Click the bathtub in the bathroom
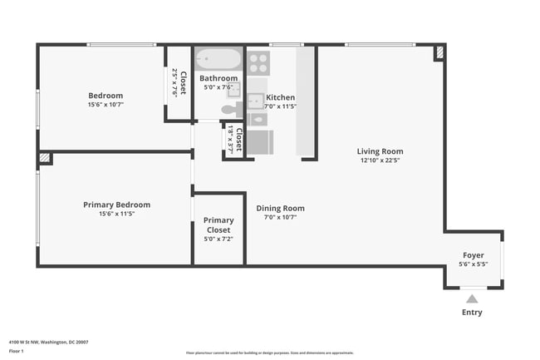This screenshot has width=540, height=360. (218, 61)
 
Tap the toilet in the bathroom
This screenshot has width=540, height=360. (230, 109)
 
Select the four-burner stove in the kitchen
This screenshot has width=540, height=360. (258, 63)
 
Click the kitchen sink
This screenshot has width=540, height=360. (256, 101)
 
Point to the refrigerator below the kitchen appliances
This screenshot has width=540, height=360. (259, 142)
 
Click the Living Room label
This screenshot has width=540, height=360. (380, 151)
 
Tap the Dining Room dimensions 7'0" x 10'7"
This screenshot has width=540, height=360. (280, 218)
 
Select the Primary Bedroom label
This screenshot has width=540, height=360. (116, 205)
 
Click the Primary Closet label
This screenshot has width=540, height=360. (218, 225)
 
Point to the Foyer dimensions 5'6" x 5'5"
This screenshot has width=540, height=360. (473, 264)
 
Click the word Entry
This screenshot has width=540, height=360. (471, 313)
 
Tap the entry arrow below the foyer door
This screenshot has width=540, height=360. (471, 297)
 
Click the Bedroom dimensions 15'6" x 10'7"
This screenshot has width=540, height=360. (106, 105)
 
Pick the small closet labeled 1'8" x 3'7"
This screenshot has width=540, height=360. (234, 141)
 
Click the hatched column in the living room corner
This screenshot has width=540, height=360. (439, 52)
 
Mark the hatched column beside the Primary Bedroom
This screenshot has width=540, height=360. (45, 157)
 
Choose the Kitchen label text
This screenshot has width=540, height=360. (281, 97)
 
